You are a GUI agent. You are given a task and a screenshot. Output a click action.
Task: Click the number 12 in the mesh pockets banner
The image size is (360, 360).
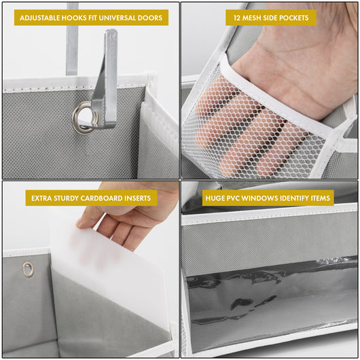click(x=238, y=18)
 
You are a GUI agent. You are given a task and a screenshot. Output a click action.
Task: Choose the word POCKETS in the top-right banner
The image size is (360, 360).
click(x=293, y=18)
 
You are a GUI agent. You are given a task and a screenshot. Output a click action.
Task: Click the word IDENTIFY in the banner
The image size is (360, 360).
click(x=305, y=198)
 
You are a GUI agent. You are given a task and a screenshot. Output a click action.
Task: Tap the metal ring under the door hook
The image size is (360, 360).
click(x=84, y=116)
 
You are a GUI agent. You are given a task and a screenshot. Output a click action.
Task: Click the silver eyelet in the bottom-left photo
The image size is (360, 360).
click(x=28, y=269)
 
